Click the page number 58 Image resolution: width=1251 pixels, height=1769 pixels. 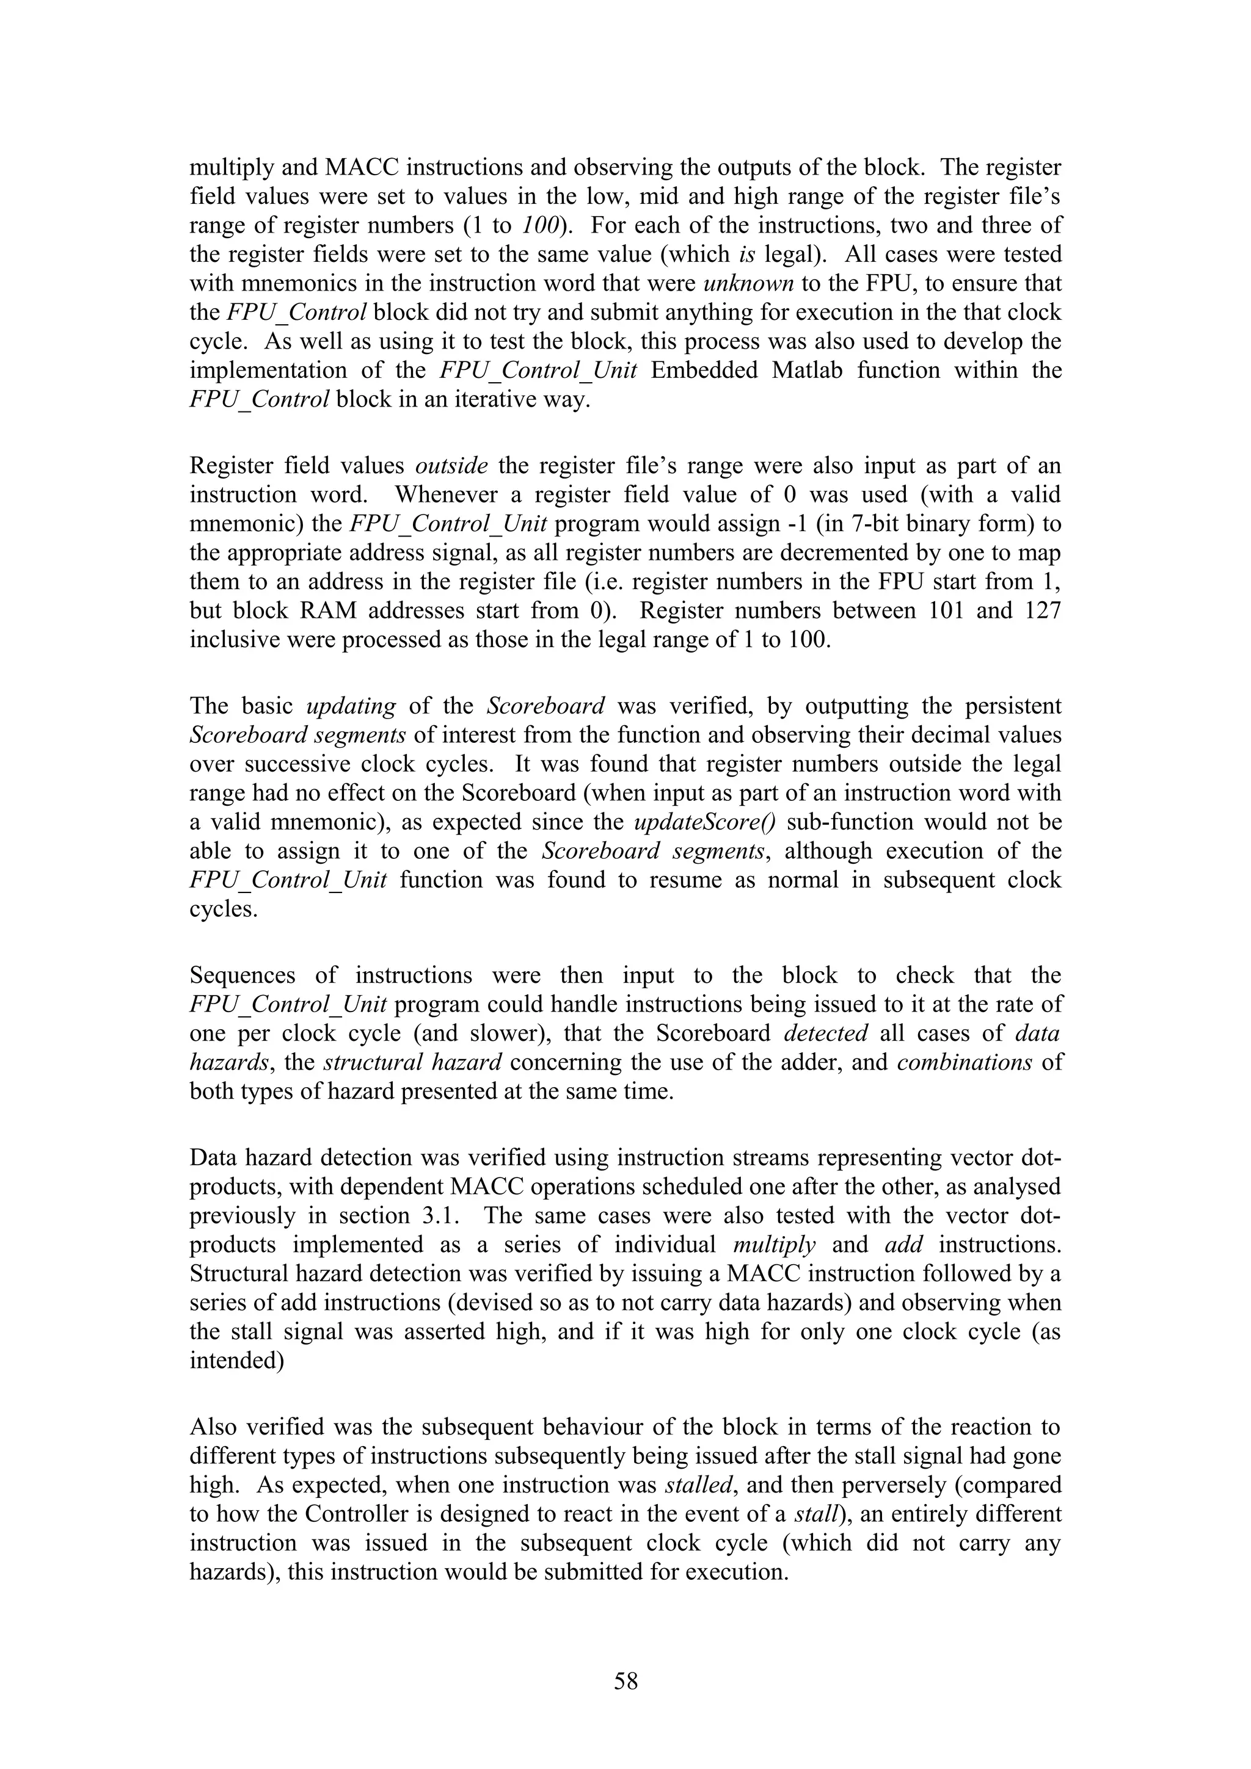click(x=625, y=1681)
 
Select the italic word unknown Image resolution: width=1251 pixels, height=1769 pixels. click(x=748, y=283)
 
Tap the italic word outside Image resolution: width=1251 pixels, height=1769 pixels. click(x=451, y=465)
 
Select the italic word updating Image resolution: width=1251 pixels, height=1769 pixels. click(x=351, y=706)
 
